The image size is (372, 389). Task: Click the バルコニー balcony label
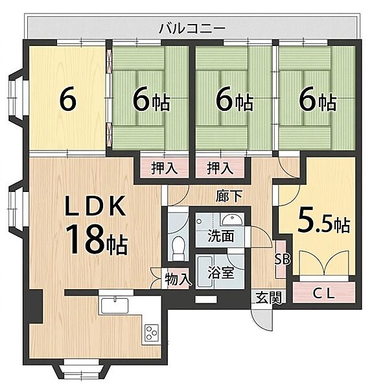tap(192, 29)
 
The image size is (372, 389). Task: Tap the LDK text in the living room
tap(95, 206)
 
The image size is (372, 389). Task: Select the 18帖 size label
tap(96, 239)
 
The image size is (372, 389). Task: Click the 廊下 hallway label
tap(229, 196)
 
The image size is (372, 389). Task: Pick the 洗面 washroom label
tap(221, 236)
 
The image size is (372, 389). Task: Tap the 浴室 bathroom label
tap(221, 272)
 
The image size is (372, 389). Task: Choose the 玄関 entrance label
tap(269, 298)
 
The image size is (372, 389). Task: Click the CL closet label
tap(323, 294)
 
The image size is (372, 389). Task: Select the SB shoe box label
tap(283, 259)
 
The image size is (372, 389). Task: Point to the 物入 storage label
tap(178, 279)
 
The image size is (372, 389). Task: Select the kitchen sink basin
tap(115, 305)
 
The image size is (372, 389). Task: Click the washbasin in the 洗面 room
tap(232, 220)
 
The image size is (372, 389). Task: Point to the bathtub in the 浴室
tap(205, 272)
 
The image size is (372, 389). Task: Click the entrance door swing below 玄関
tap(261, 320)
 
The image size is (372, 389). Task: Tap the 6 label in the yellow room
tap(67, 100)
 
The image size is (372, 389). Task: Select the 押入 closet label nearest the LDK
tap(165, 169)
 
